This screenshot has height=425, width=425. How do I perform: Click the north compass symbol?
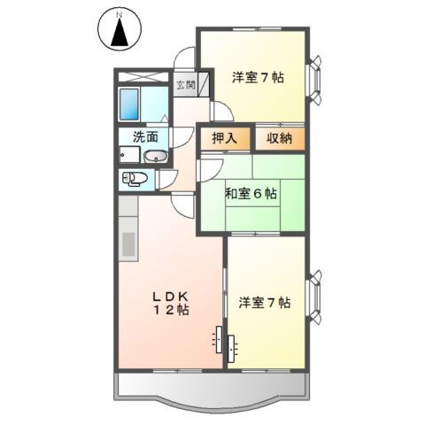122,34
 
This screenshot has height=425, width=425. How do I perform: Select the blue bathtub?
130,104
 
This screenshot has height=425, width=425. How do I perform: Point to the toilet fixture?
134,178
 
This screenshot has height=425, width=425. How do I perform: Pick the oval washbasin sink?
157,157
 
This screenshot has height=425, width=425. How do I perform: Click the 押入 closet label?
225,138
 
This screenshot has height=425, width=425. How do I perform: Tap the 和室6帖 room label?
250,194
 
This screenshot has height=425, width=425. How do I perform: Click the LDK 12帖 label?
167,303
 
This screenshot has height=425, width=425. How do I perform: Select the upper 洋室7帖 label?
258,78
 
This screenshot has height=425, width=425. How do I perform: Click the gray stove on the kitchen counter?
127,241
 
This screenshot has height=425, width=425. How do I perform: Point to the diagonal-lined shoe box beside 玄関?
203,85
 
